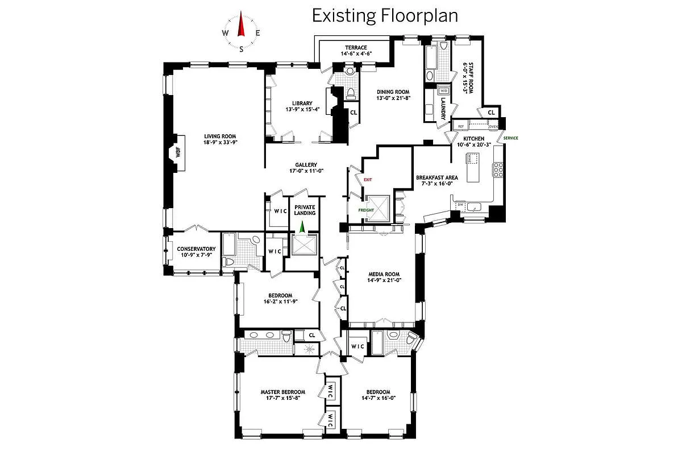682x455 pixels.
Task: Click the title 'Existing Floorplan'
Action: click(x=385, y=15)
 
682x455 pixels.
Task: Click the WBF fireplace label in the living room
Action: click(x=177, y=152)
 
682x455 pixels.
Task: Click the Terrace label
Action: click(x=356, y=47)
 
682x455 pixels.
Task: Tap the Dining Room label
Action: click(x=393, y=91)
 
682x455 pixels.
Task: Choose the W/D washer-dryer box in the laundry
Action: click(x=443, y=90)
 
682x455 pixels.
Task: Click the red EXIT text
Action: click(x=367, y=180)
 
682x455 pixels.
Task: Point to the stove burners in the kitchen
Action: click(x=498, y=169)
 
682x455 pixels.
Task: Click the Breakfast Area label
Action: click(x=436, y=177)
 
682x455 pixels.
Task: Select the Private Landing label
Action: click(x=305, y=210)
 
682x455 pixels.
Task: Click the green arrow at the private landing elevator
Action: click(x=302, y=226)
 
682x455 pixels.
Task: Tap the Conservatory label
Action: click(x=196, y=249)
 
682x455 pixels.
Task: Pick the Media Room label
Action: click(x=385, y=274)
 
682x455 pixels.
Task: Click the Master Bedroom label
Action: click(x=282, y=392)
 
